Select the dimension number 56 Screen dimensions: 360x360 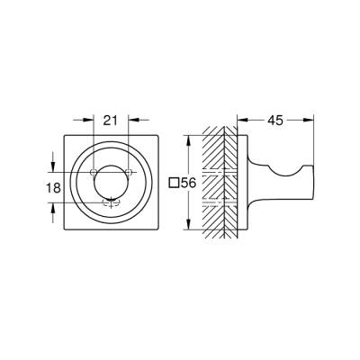[189, 183]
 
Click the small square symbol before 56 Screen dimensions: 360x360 [175, 183]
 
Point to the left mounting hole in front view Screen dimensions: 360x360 [94, 173]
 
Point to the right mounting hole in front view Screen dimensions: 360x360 [129, 173]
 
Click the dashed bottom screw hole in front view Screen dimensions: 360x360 [112, 202]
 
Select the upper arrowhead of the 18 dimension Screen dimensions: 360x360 [53, 170]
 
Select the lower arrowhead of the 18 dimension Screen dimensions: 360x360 [53, 203]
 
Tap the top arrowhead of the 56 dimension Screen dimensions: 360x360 [188, 139]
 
